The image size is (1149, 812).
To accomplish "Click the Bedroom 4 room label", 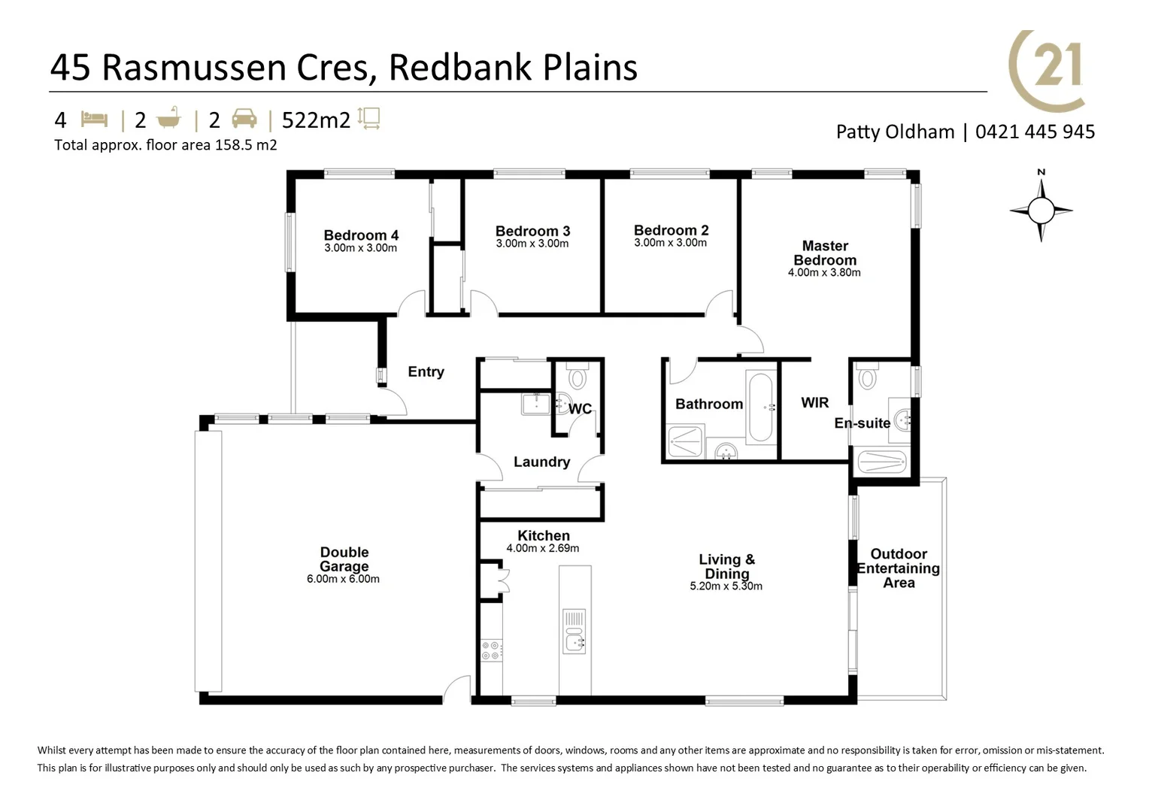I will coord(361,235).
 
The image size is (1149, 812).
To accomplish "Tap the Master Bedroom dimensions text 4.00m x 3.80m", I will coord(824,273).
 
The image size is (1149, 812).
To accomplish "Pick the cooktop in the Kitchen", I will coord(491,650).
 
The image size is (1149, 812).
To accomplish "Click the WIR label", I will coord(814,403).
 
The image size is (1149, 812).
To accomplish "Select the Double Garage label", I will coord(344,559).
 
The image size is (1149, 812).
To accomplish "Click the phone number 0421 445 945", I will coord(1035,132).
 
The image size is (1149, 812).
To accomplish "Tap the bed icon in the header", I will coord(94,120).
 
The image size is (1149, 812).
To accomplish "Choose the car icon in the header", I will coord(244,119).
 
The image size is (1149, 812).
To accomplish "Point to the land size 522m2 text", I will coord(316,120).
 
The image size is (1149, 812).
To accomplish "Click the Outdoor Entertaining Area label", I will coord(899,568).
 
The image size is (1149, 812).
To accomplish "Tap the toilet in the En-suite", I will coord(867,377).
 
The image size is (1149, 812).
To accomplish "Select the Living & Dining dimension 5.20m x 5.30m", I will coord(726,586).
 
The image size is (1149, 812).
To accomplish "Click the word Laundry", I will coord(541,462).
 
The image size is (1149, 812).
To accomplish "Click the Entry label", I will coord(426,371).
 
